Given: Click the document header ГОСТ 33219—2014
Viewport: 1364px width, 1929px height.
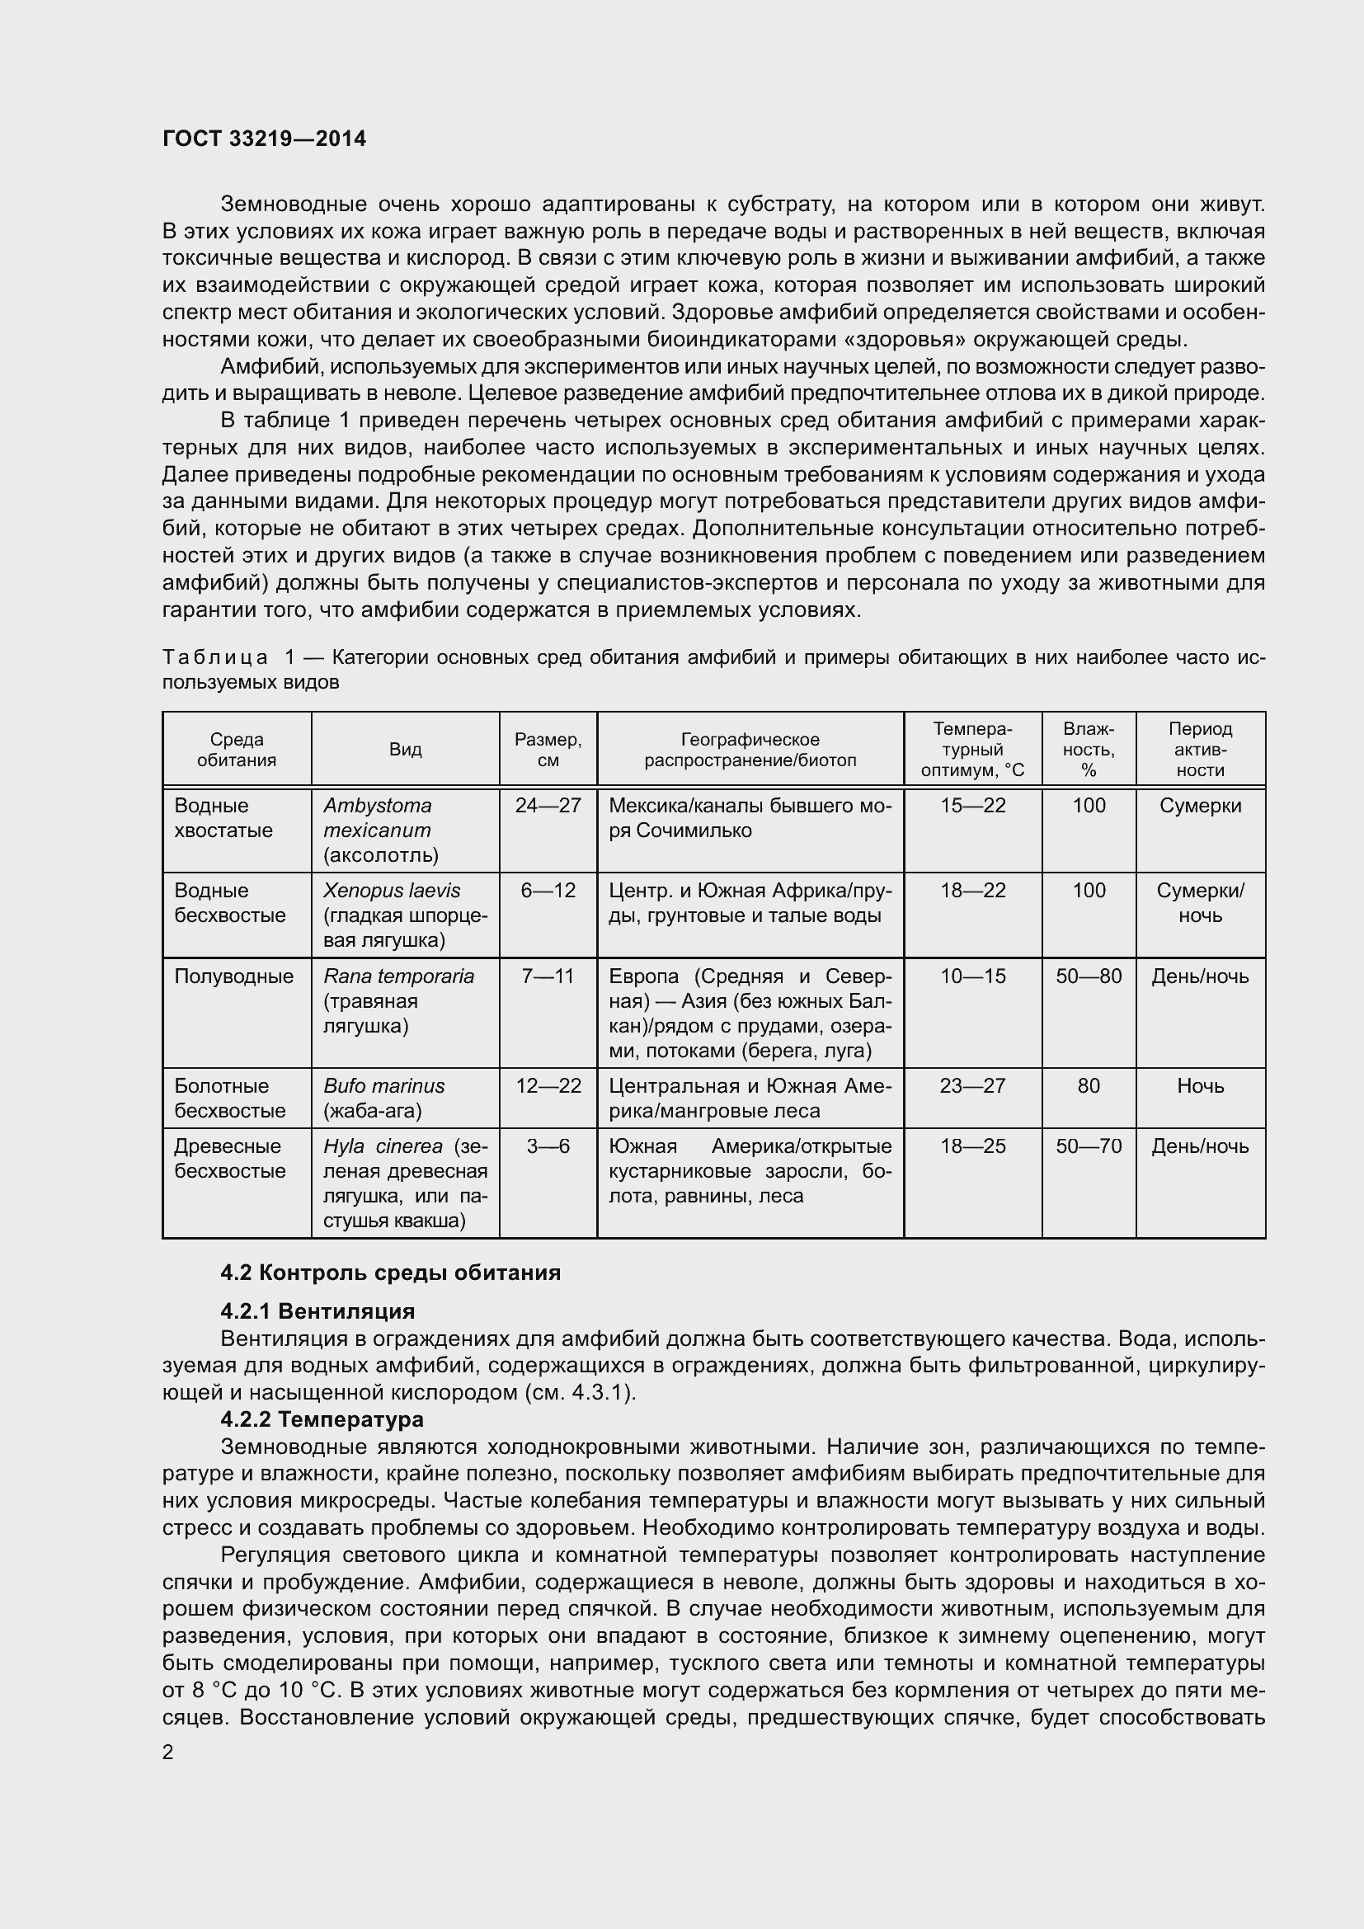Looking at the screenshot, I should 264,139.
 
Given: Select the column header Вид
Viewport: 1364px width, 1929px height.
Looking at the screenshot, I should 405,750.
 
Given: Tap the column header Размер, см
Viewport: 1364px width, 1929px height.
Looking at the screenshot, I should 548,750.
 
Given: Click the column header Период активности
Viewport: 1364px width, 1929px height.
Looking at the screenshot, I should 1199,750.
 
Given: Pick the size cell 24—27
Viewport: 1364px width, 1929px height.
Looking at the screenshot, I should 548,806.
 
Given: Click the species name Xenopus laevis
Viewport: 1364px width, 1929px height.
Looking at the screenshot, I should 392,891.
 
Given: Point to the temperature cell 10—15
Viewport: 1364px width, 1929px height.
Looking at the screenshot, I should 972,976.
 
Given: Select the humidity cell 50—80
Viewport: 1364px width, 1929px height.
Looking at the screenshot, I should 1089,976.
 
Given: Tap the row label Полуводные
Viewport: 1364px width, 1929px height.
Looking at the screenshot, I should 233,976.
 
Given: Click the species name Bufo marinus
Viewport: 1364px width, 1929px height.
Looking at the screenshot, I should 383,1085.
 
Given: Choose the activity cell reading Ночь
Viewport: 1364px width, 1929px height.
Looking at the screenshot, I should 1199,1085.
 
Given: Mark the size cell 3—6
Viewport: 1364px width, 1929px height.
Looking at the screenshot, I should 548,1146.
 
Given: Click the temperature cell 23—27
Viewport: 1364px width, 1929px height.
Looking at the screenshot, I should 972,1085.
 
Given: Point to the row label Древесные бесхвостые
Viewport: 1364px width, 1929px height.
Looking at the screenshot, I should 230,1158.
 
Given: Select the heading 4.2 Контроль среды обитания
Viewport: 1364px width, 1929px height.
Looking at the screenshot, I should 391,1273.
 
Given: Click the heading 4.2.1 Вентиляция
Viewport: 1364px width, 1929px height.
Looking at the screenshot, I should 317,1310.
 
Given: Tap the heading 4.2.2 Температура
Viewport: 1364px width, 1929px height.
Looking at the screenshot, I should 322,1419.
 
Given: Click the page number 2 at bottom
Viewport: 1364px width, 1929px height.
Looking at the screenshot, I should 168,1753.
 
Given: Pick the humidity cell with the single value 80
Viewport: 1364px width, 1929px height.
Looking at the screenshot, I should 1089,1085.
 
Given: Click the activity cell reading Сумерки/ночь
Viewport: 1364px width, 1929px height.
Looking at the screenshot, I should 1199,902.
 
